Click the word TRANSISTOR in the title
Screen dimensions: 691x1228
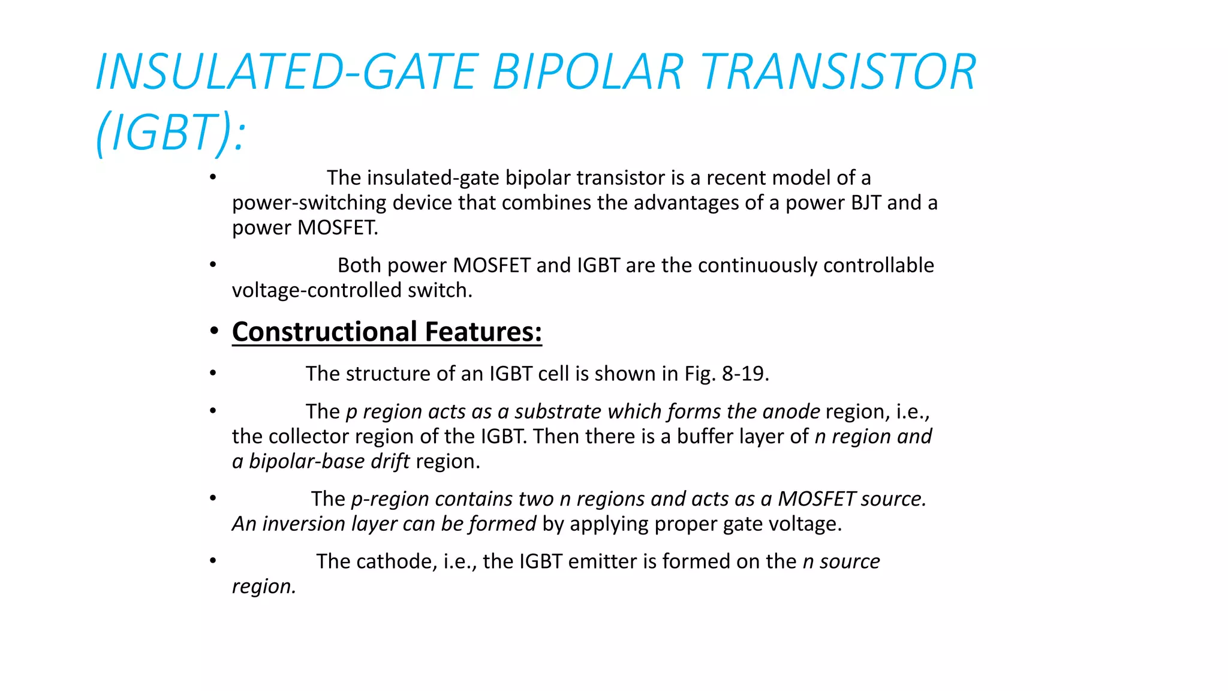pyautogui.click(x=838, y=72)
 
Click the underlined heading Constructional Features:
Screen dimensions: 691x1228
pyautogui.click(x=387, y=332)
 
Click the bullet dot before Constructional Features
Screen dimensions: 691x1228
pyautogui.click(x=213, y=332)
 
